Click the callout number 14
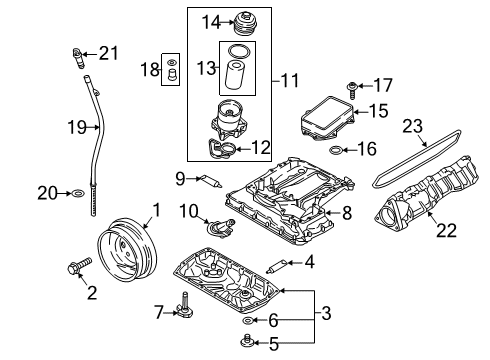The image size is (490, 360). tap(211, 23)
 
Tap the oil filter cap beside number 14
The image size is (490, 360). tap(246, 23)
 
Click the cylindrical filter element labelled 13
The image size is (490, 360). tap(236, 75)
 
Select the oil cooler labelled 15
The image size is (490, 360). tap(327, 118)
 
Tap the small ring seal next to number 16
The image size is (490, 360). tap(335, 150)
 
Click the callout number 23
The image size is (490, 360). tap(412, 126)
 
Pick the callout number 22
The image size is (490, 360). tap(446, 230)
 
